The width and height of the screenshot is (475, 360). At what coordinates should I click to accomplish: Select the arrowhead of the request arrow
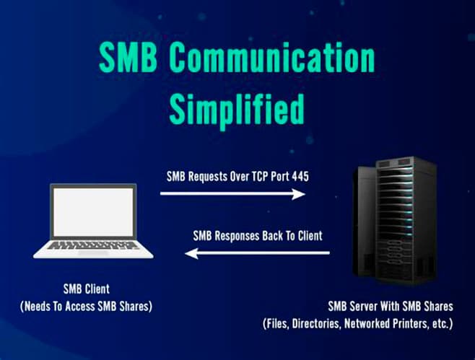coord(299,193)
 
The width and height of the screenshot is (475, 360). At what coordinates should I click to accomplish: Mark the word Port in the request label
coord(274,175)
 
